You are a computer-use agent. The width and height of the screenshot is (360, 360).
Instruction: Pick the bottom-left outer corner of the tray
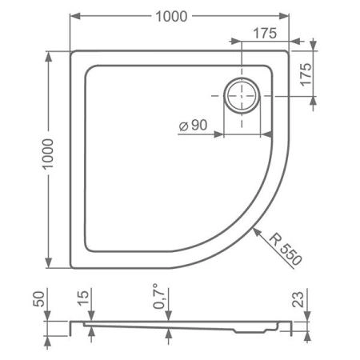pos(73,268)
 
